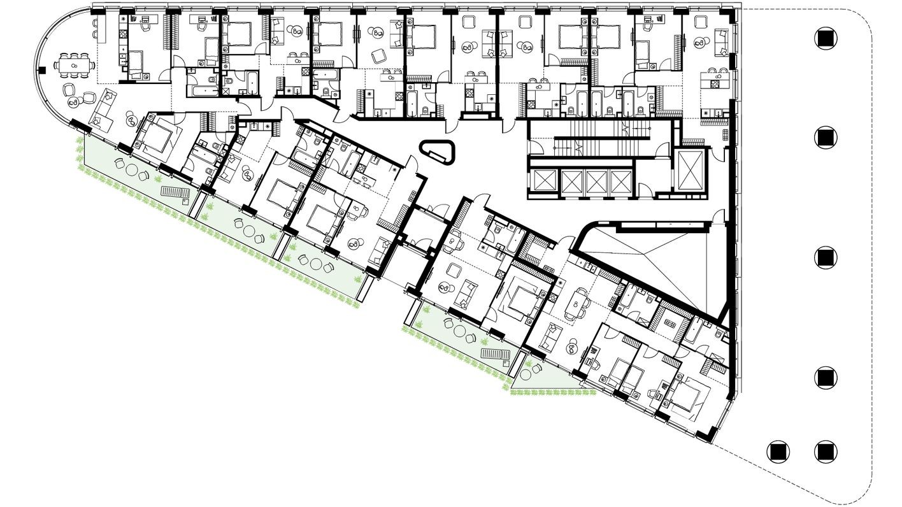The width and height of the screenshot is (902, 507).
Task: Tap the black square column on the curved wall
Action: tap(43, 69)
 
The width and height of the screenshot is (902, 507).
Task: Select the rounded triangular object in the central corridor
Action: tap(440, 150)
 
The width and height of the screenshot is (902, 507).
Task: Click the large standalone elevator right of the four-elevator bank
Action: tap(691, 171)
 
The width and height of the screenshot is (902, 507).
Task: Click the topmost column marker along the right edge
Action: tap(826, 38)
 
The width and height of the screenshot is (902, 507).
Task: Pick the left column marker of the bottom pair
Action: tap(777, 452)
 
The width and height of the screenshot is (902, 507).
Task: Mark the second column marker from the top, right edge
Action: tap(826, 137)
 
